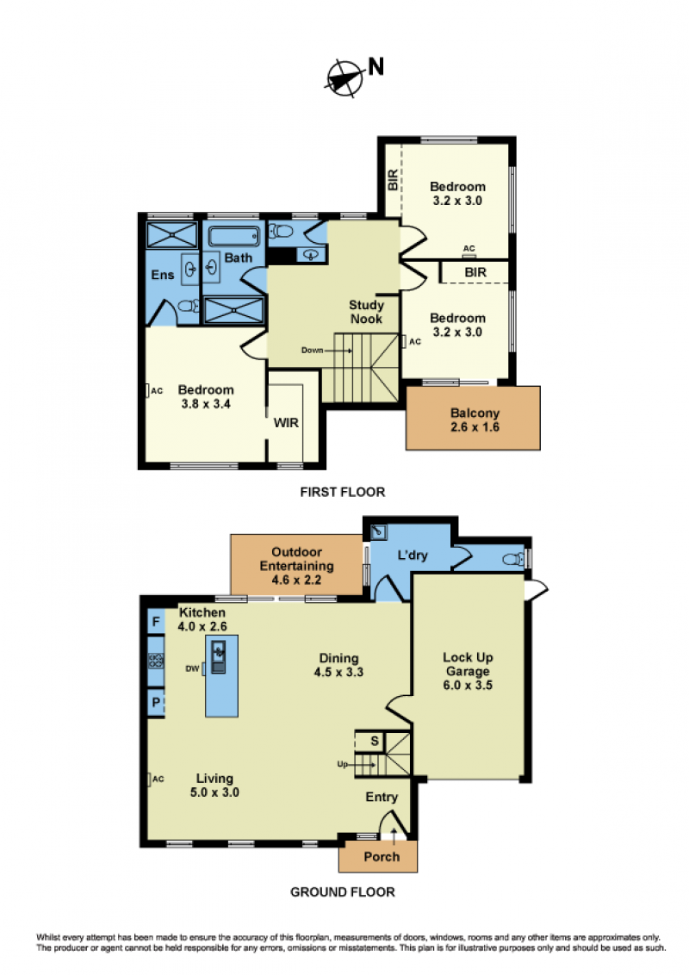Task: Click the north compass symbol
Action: (345, 78)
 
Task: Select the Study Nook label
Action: (366, 312)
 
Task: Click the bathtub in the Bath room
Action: (233, 236)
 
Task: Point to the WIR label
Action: (286, 423)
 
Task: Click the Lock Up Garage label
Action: (468, 671)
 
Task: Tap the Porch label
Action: (382, 857)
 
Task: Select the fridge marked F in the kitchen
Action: (156, 622)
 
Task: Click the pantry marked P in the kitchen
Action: (156, 702)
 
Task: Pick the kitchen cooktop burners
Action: (156, 661)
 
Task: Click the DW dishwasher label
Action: (192, 668)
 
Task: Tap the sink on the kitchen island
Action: (219, 657)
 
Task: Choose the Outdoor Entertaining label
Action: (296, 566)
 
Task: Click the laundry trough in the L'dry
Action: (378, 532)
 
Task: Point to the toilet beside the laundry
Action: (513, 559)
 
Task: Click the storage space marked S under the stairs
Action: (375, 742)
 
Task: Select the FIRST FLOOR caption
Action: (343, 492)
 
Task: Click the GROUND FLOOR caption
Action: (343, 891)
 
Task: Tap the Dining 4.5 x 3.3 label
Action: (339, 665)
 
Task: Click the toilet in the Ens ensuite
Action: (188, 306)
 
